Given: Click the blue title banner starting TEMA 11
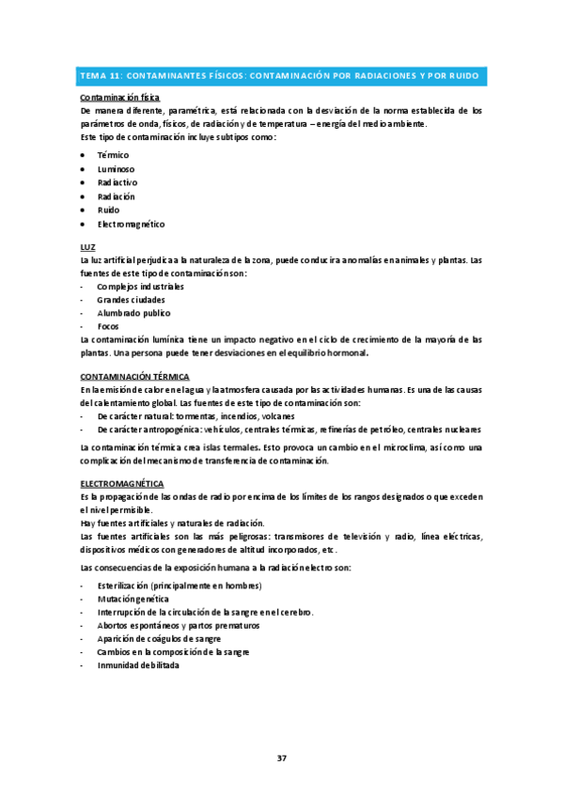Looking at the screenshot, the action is click(x=281, y=75).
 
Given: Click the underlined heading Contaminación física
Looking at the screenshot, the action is click(x=120, y=98).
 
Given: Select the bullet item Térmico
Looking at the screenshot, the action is click(x=114, y=154).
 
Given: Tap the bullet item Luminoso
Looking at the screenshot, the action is click(x=117, y=168).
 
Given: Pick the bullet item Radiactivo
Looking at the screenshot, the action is click(x=117, y=182).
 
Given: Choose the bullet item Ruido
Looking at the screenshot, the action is click(x=109, y=211).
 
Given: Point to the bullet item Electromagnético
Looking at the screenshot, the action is click(x=131, y=225).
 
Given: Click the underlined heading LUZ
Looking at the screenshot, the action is click(x=89, y=246).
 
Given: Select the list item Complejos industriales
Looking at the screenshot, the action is click(x=140, y=286).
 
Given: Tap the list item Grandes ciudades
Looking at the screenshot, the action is click(x=132, y=299).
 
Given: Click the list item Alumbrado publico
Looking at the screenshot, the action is click(x=133, y=313).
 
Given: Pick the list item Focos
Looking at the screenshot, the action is click(x=108, y=326).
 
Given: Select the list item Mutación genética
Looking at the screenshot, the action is click(x=133, y=598).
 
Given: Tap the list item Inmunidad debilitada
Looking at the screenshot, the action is click(x=137, y=664).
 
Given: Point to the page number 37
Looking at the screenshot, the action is click(x=281, y=758).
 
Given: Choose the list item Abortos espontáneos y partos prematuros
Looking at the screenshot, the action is click(x=179, y=625).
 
